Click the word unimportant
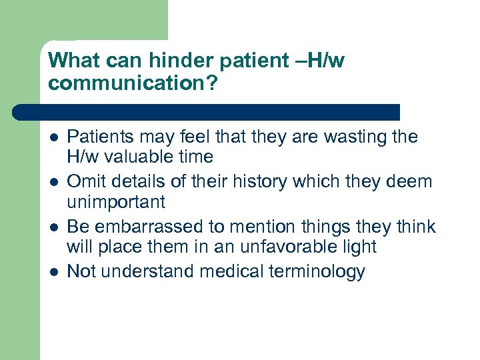(x=115, y=202)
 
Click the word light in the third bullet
(x=359, y=247)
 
